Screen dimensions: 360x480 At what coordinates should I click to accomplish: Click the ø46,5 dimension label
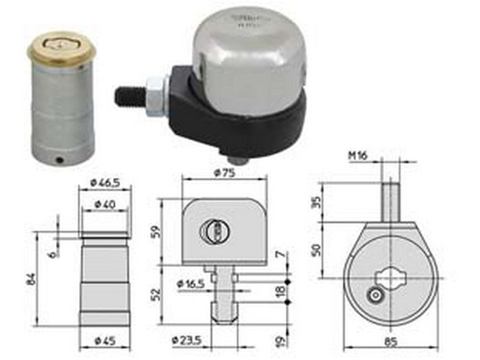tap(104, 183)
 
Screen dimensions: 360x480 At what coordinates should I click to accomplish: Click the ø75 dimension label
tap(224, 172)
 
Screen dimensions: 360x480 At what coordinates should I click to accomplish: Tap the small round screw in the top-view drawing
tap(374, 296)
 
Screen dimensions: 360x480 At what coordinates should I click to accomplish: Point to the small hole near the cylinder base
tap(62, 160)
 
